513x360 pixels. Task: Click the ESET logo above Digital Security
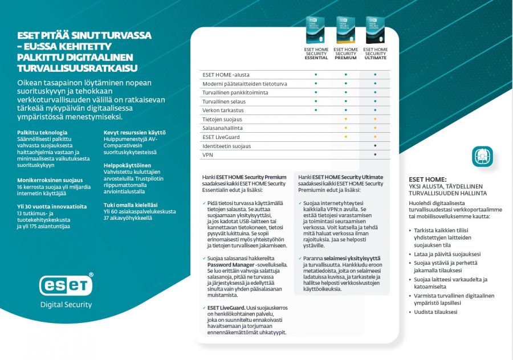(66, 284)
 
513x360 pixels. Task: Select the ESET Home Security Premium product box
(345, 30)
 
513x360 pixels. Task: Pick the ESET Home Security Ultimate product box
(375, 30)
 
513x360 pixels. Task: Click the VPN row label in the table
(207, 154)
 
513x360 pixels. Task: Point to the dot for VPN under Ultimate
(375, 154)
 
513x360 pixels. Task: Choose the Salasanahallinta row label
(222, 128)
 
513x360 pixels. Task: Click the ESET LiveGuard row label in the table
(221, 137)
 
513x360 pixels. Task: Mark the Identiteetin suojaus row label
(226, 146)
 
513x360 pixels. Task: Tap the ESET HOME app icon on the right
(482, 157)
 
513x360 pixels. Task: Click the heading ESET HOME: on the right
(427, 179)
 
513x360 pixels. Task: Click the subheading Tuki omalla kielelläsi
(131, 204)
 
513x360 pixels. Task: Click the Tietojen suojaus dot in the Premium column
(345, 119)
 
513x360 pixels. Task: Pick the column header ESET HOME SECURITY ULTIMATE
(375, 54)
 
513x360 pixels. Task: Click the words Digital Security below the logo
(66, 305)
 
